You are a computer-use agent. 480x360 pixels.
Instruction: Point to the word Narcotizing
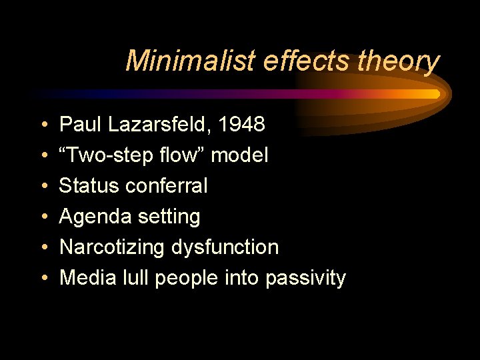click(112, 247)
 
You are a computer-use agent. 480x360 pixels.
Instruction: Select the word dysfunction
click(225, 247)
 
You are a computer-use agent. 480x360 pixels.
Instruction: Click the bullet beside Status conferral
click(43, 187)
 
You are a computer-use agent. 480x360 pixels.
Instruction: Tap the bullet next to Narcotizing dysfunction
click(43, 248)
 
